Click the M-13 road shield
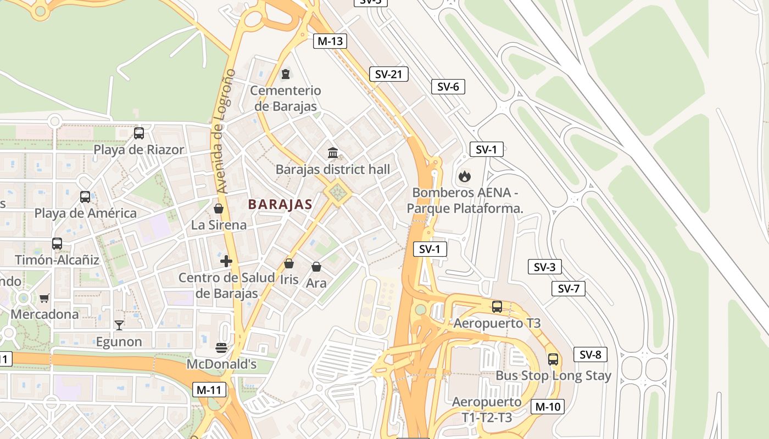coord(330,41)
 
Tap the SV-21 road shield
coord(389,74)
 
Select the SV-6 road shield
coord(448,87)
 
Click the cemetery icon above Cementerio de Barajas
coord(285,74)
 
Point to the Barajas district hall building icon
coord(333,153)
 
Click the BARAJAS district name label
coord(280,205)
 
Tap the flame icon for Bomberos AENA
coord(464,176)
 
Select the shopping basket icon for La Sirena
coord(219,209)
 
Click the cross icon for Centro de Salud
coord(226,261)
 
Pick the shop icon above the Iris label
coord(289,263)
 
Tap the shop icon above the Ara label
coord(316,267)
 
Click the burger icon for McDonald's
coord(222,347)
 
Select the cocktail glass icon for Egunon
coord(119,325)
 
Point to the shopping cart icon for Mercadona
coord(44,298)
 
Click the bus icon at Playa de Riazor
coord(139,133)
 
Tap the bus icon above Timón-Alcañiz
coord(57,243)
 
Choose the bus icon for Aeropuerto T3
coord(497,307)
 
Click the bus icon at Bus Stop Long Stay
coord(553,359)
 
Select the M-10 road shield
coord(547,407)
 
